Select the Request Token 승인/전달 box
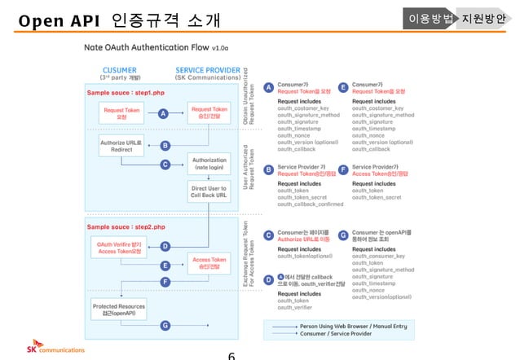pos(209,113)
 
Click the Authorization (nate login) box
pos(209,164)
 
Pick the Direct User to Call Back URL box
pos(209,192)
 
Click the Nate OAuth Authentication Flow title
pos(150,48)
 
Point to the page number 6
pos(231,355)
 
